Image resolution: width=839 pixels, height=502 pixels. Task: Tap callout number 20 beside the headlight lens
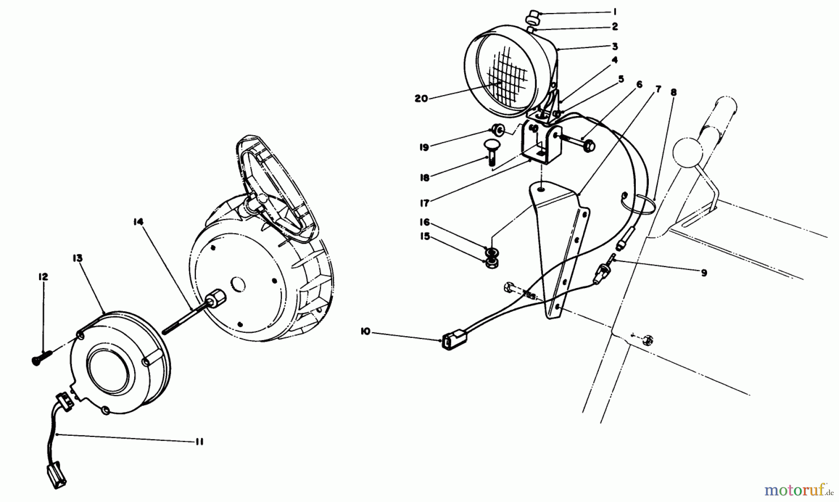(x=421, y=99)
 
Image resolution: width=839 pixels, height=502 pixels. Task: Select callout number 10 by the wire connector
(x=365, y=331)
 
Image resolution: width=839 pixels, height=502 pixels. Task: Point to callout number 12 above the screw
(x=43, y=277)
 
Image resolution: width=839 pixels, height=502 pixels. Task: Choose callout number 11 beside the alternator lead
(x=199, y=442)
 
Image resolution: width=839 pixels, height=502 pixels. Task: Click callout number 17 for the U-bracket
(x=424, y=203)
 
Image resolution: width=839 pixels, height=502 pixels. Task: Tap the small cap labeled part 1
(x=531, y=20)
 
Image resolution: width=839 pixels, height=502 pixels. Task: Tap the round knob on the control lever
(x=688, y=151)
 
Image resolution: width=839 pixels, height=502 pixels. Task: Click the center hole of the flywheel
(x=237, y=284)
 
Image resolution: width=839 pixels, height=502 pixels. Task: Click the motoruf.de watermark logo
(x=798, y=489)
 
